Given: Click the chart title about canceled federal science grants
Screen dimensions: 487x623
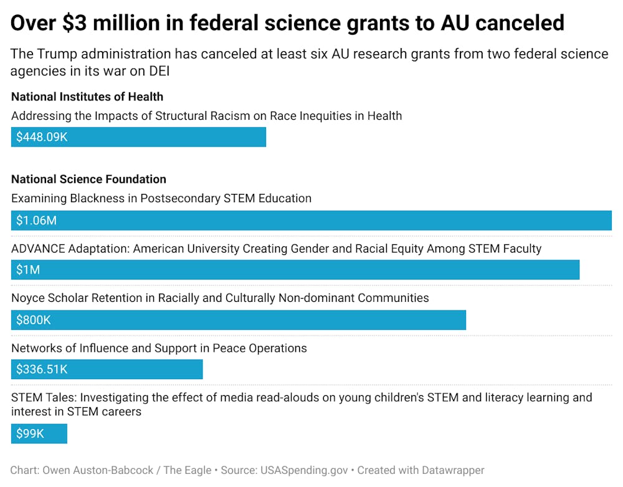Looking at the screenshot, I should [287, 22].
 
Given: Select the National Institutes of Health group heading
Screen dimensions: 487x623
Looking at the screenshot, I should [87, 97].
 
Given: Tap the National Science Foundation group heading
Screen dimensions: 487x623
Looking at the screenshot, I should [88, 180].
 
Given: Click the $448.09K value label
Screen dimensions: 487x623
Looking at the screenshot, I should [42, 137].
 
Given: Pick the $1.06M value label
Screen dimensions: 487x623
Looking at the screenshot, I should [36, 221].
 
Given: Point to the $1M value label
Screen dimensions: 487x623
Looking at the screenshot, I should [28, 270].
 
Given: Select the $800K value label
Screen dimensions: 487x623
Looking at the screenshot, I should [34, 320].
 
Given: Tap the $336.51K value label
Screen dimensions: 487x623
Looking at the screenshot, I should [42, 370].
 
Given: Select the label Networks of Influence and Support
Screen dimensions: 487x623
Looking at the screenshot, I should [159, 348].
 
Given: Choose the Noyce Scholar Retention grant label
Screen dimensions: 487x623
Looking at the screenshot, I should [220, 298].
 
